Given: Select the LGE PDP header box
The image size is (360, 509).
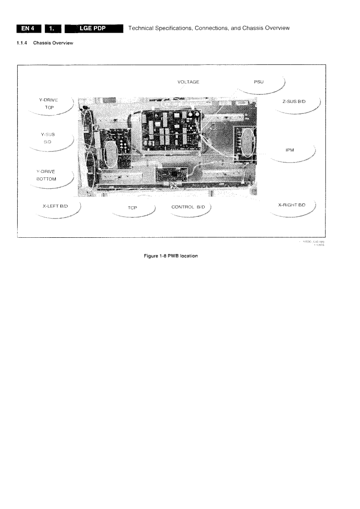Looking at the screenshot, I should (94, 29).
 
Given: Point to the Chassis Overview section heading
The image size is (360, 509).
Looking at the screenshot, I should (51, 43).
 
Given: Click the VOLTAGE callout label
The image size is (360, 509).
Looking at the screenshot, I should (188, 82).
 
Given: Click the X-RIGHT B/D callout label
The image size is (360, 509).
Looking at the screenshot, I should (291, 205).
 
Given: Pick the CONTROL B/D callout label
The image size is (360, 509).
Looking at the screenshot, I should (188, 207).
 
